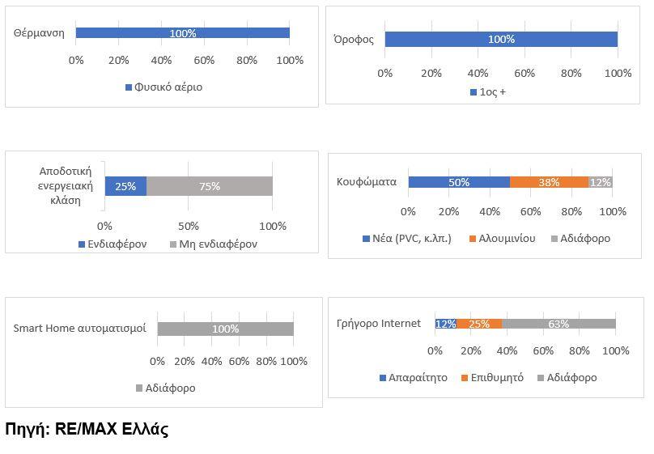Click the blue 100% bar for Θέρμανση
pyautogui.click(x=182, y=33)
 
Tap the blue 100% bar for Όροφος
pyautogui.click(x=501, y=39)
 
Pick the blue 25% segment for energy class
pyautogui.click(x=125, y=186)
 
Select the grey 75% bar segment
pyautogui.click(x=210, y=186)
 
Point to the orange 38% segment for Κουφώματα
pyautogui.click(x=549, y=182)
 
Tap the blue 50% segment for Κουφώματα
pyautogui.click(x=459, y=182)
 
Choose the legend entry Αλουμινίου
pyautogui.click(x=507, y=239)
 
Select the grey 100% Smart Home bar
pyautogui.click(x=225, y=329)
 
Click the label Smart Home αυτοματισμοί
pyautogui.click(x=80, y=329)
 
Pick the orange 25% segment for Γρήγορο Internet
pyautogui.click(x=479, y=324)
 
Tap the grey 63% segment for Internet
pyautogui.click(x=558, y=324)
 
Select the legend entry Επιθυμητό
pyautogui.click(x=497, y=377)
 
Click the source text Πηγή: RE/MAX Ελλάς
pyautogui.click(x=87, y=430)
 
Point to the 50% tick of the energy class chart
pyautogui.click(x=189, y=226)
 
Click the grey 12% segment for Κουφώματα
pyautogui.click(x=601, y=182)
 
